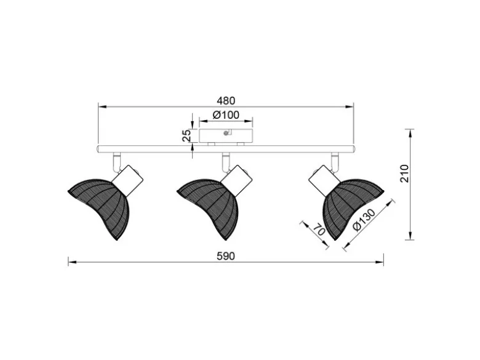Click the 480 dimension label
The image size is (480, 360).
[226, 101]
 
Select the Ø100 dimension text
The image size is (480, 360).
[226, 115]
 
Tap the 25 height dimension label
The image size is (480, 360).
[186, 135]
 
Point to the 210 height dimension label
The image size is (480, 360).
[404, 174]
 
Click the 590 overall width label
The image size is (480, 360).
[226, 256]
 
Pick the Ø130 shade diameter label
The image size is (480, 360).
[364, 220]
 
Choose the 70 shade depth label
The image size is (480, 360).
[319, 230]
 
